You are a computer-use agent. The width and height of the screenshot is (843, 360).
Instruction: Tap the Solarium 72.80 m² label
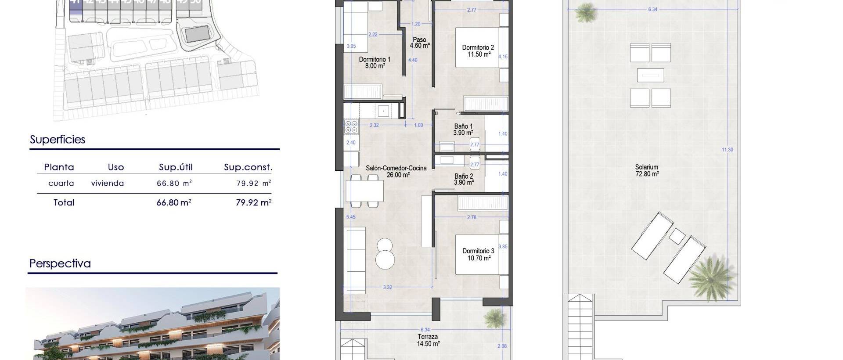pyautogui.click(x=647, y=170)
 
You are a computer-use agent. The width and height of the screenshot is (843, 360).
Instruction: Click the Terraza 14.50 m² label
pyautogui.click(x=428, y=340)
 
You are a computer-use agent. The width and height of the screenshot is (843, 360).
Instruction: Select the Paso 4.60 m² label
pyautogui.click(x=419, y=43)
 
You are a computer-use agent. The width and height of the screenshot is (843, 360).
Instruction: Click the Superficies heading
pyautogui.click(x=58, y=140)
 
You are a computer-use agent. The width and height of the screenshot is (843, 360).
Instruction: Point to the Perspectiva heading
pyautogui.click(x=60, y=263)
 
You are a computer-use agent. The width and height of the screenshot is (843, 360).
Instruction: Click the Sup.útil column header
pyautogui.click(x=176, y=167)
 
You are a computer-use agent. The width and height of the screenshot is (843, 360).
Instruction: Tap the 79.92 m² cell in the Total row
pyautogui.click(x=253, y=202)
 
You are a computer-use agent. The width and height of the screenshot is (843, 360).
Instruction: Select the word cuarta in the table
pyautogui.click(x=61, y=184)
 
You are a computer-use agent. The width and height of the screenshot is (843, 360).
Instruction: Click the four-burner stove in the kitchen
pyautogui.click(x=351, y=127)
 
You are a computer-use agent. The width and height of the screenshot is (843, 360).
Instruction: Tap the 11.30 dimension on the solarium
pyautogui.click(x=727, y=150)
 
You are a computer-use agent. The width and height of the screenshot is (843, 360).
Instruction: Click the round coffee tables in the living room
pyautogui.click(x=385, y=253)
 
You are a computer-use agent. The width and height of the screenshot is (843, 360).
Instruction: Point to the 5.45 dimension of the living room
pyautogui.click(x=351, y=217)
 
